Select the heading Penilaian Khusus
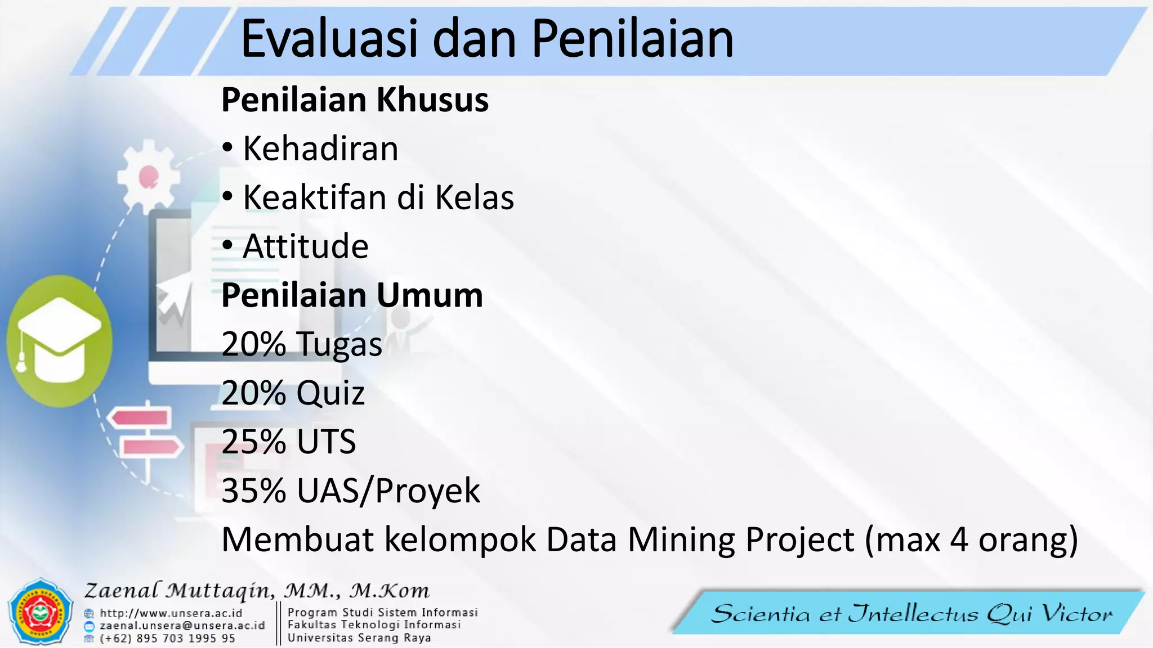point(355,100)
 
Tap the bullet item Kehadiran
point(320,149)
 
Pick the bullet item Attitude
point(305,247)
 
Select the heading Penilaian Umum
point(352,295)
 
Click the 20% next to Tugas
point(253,344)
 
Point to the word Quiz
point(330,393)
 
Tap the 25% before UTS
point(253,442)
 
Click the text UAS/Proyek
point(388,491)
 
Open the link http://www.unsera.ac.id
point(171,613)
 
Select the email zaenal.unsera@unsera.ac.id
point(182,625)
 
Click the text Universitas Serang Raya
point(359,638)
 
